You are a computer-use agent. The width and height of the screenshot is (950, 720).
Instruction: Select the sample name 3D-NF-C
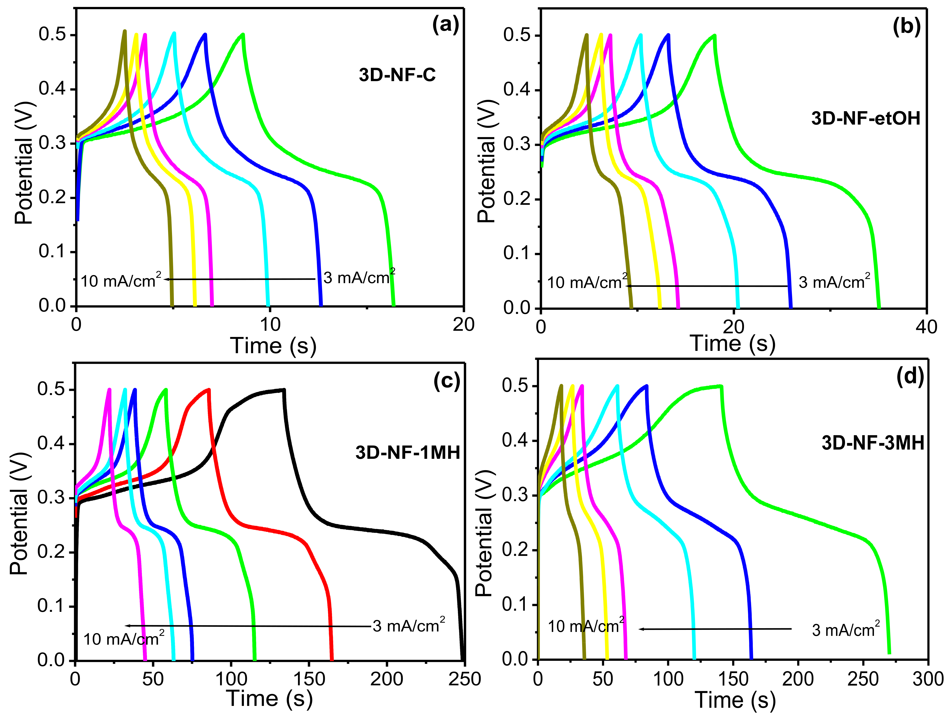397,75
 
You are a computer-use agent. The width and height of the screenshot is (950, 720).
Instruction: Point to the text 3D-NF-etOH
865,119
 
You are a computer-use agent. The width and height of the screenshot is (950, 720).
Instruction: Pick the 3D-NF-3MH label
873,443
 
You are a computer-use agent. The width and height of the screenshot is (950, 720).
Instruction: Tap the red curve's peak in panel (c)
209,390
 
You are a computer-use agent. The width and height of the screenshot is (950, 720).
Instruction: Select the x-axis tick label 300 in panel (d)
928,679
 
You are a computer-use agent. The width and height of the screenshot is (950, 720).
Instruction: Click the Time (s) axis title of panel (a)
273,346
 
